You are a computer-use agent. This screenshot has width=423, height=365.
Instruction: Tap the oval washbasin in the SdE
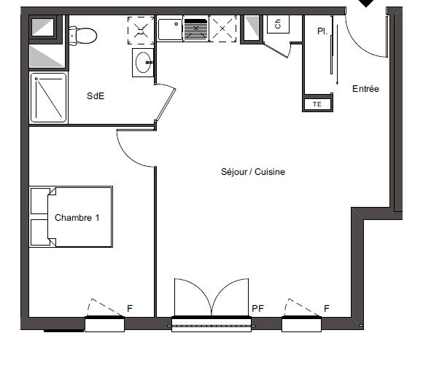143,62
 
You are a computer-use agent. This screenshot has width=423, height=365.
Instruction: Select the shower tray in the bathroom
49,98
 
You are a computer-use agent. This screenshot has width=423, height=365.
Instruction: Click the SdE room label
96,95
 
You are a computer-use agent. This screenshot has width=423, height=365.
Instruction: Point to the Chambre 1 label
77,217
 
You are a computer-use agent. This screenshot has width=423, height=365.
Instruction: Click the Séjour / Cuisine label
253,171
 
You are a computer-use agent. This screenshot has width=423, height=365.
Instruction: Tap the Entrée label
365,89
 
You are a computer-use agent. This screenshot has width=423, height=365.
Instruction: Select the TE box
317,104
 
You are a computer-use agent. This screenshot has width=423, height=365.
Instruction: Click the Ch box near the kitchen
278,24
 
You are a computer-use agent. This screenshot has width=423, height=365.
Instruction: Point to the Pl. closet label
322,31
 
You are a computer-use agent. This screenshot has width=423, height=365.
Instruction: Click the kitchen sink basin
170,29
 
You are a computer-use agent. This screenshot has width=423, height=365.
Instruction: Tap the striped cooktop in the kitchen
196,28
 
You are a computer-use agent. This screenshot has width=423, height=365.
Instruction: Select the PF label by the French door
257,308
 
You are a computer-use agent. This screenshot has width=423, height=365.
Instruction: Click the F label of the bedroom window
130,308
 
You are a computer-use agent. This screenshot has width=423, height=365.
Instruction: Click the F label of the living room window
327,308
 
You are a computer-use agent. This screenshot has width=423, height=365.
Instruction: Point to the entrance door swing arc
357,45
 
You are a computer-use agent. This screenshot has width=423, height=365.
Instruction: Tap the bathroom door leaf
166,105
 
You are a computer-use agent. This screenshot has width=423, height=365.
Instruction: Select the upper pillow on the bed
40,201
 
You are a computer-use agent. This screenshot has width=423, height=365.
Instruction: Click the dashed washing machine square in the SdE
141,30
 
